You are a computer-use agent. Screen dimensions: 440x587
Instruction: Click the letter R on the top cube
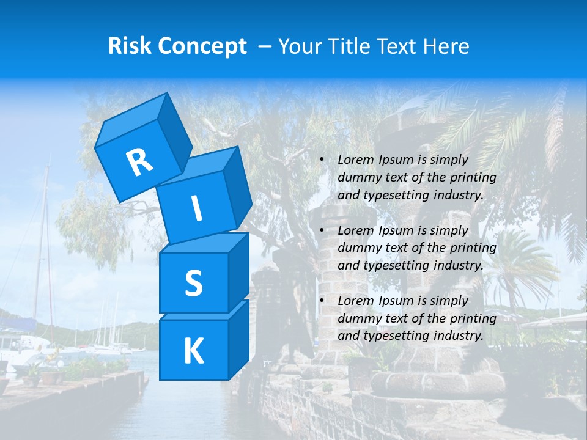pos(139,163)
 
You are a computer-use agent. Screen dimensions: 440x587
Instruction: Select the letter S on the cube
pos(193,284)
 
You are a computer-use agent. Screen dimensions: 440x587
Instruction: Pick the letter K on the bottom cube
pos(193,351)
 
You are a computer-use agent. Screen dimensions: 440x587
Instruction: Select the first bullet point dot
pos(322,160)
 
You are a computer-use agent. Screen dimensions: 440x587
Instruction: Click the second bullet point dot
pos(322,231)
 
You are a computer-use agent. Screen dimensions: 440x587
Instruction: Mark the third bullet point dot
pos(322,301)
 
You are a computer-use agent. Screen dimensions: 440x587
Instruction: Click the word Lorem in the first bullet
pos(355,159)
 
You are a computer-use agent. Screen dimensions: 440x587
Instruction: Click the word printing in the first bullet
pos(475,177)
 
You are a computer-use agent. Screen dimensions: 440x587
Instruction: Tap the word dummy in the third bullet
pos(358,318)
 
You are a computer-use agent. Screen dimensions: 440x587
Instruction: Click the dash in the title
pos(265,47)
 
